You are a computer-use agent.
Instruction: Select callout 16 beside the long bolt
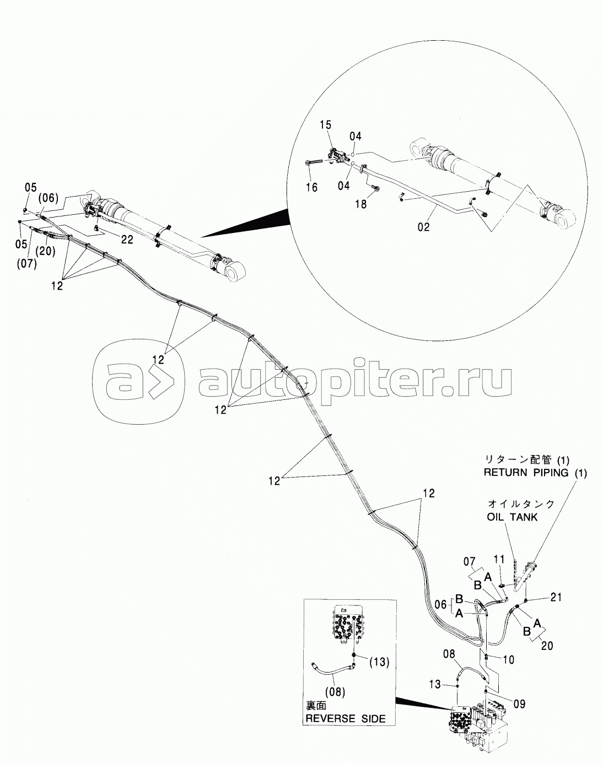click(x=311, y=188)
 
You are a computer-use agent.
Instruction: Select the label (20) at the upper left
click(x=46, y=251)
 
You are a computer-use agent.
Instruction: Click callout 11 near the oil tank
click(x=499, y=559)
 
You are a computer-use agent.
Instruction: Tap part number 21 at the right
click(x=556, y=597)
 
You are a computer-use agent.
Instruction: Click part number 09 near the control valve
click(x=519, y=703)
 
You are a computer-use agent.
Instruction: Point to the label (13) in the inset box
click(x=379, y=662)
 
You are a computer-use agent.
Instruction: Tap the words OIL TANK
click(x=512, y=517)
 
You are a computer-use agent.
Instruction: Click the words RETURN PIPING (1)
click(x=535, y=472)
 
